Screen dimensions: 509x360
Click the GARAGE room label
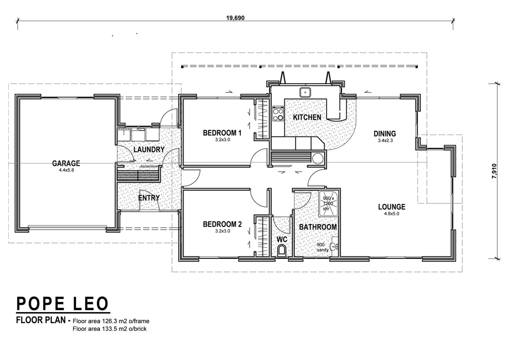click(66, 163)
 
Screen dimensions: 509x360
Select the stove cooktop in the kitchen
click(278, 114)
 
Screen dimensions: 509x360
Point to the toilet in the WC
click(282, 250)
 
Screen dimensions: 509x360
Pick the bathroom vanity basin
click(334, 246)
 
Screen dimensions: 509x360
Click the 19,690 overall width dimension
click(235, 18)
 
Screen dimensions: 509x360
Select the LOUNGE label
click(392, 207)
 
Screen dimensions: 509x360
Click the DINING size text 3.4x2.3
click(385, 140)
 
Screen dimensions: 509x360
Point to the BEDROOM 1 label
click(222, 133)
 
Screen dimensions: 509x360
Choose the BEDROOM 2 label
click(222, 224)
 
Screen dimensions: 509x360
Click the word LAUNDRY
click(149, 150)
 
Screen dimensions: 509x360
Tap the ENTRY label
click(149, 198)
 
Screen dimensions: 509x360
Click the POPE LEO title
click(62, 304)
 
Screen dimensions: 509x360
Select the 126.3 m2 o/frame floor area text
click(111, 321)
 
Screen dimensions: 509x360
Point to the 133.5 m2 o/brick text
click(110, 329)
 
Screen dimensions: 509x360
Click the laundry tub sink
click(124, 135)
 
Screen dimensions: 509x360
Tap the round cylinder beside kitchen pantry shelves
click(318, 158)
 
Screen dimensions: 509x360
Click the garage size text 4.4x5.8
click(66, 170)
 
